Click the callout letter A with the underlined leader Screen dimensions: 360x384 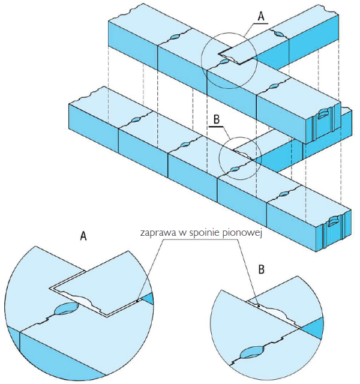pyautogui.click(x=262, y=16)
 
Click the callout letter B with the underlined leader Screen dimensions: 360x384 pyautogui.click(x=217, y=120)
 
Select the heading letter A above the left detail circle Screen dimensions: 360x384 pyautogui.click(x=83, y=236)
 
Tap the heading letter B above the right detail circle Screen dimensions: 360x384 pyautogui.click(x=262, y=269)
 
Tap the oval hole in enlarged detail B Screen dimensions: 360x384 pyautogui.click(x=252, y=352)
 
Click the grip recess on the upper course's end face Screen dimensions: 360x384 pyautogui.click(x=322, y=114)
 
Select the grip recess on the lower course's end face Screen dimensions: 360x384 pyautogui.click(x=333, y=221)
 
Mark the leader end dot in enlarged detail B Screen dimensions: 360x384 pyautogui.click(x=259, y=306)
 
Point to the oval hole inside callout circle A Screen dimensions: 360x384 pyautogui.click(x=224, y=61)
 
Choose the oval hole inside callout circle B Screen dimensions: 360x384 pyautogui.click(x=234, y=169)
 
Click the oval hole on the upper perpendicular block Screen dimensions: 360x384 pyautogui.click(x=278, y=35)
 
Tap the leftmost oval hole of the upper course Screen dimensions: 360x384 pyautogui.click(x=175, y=37)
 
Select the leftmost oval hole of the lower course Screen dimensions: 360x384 pyautogui.click(x=136, y=120)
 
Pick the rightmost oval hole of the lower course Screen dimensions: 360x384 pyautogui.click(x=284, y=194)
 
